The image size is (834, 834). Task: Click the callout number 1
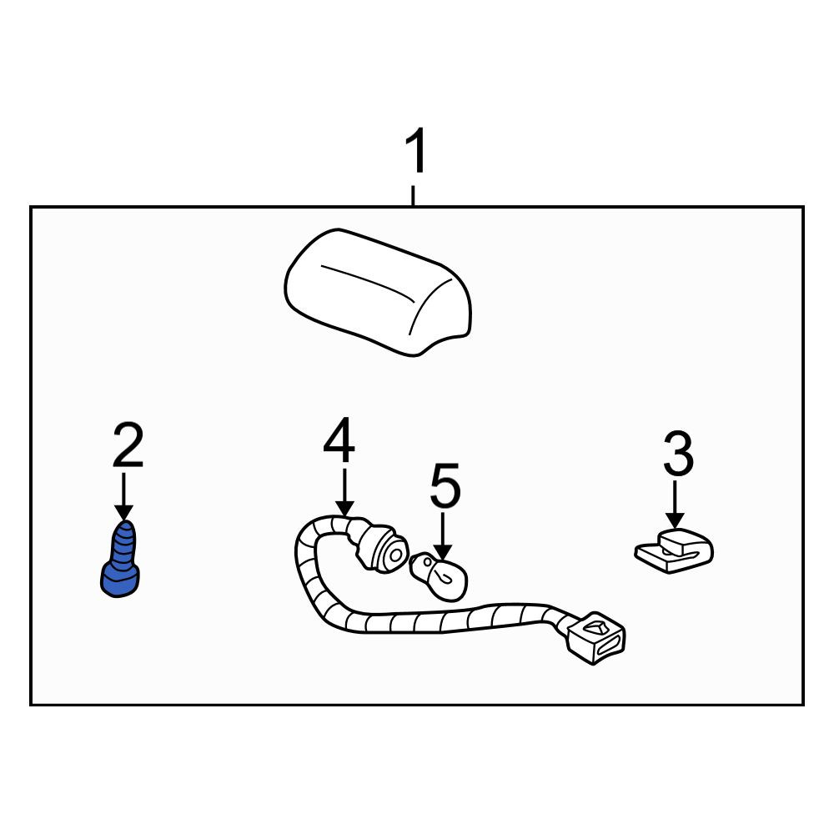coord(416,150)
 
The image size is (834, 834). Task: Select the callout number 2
coord(128,445)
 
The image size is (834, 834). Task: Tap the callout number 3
coord(679,453)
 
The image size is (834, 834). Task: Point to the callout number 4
coord(339,440)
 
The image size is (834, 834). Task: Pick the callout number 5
coord(445,485)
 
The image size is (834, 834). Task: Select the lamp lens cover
coord(378,292)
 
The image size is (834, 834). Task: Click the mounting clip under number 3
coord(674,551)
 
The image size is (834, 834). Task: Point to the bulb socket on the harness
coord(382,548)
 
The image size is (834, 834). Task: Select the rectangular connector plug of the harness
coord(596,638)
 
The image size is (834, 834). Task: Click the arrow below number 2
coord(124,495)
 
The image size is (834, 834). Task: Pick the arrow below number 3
coord(675,505)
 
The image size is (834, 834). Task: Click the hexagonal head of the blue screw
coord(120,578)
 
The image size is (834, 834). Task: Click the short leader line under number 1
coord(413,195)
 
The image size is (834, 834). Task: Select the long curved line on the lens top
coord(368,279)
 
